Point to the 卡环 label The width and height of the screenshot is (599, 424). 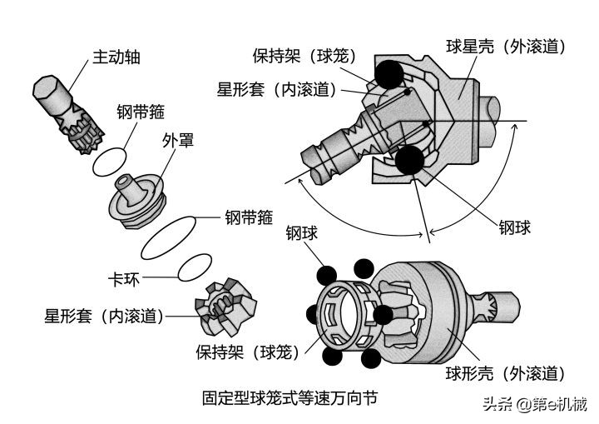coord(122,277)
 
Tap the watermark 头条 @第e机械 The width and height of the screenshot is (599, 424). coord(533,405)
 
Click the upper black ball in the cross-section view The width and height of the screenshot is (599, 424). coord(389,75)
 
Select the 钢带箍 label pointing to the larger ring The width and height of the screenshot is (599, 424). coord(248,219)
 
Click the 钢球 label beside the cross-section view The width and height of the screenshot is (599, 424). coord(514,227)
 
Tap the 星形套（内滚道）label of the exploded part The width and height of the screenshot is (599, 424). coord(104,316)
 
